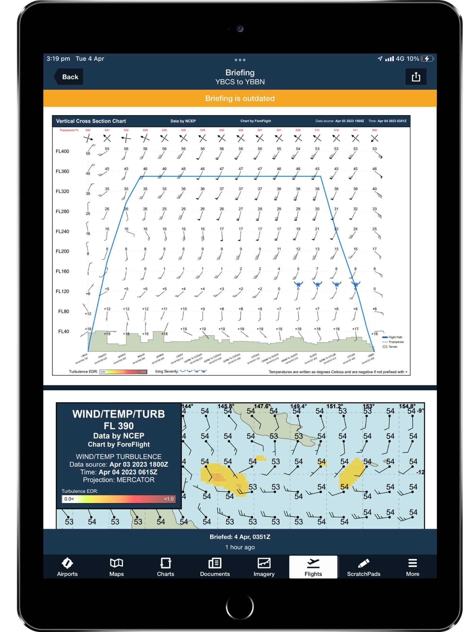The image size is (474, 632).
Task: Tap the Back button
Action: (69, 77)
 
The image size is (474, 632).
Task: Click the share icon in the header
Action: (416, 77)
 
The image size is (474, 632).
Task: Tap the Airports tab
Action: (67, 567)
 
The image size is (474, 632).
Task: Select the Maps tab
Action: (117, 567)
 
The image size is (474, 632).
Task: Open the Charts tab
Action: (165, 567)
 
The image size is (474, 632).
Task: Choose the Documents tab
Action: (215, 567)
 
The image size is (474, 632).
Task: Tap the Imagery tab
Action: (264, 567)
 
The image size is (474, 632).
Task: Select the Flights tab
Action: (313, 567)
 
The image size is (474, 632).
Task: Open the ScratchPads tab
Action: (364, 567)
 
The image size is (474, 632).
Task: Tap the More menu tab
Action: (412, 567)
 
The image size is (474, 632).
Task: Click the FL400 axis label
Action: (62, 151)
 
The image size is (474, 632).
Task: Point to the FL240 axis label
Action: (62, 232)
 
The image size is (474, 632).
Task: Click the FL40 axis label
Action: (63, 332)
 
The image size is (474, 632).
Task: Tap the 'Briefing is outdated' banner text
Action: (240, 98)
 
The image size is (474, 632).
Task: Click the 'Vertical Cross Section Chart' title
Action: (91, 121)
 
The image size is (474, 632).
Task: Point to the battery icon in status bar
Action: (426, 59)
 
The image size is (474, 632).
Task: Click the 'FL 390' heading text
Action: (118, 426)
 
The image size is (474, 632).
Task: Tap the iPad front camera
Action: (240, 29)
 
